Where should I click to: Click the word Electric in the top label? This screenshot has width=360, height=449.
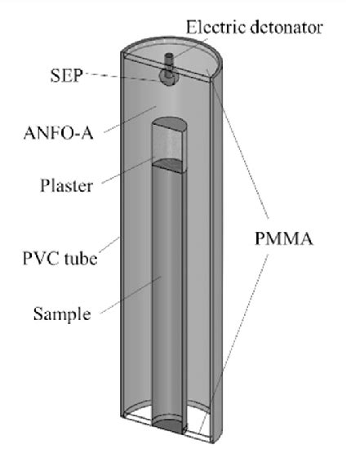[x=211, y=28]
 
